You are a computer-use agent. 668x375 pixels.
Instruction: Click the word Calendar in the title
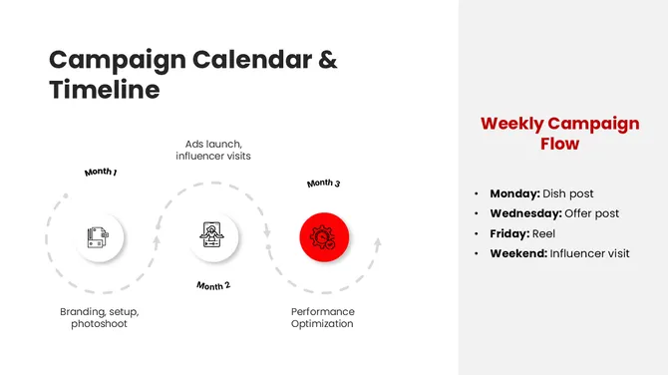pos(252,59)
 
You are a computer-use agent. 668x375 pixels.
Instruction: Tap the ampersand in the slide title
pos(328,59)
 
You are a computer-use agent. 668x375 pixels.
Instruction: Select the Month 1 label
pos(101,173)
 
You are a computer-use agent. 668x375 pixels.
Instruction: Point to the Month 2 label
pos(213,285)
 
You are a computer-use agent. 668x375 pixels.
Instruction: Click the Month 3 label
pos(323,184)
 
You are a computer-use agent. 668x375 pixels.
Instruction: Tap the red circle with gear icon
pos(324,237)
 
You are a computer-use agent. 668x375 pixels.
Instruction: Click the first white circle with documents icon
pos(99,237)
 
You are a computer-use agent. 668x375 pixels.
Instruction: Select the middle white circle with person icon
pos(212,237)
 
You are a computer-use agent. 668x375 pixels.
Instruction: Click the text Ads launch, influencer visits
pos(213,150)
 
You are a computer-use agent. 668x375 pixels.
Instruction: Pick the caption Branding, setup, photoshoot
pos(99,317)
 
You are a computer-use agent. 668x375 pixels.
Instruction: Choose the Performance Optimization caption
pos(322,317)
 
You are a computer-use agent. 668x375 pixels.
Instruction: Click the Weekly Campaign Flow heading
pos(559,134)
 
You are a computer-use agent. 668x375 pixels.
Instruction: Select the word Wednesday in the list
pos(525,213)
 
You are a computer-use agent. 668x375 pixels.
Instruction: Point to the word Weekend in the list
pos(518,253)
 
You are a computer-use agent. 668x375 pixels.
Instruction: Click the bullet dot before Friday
pos(478,233)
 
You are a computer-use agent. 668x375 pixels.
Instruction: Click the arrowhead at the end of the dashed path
pos(377,241)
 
